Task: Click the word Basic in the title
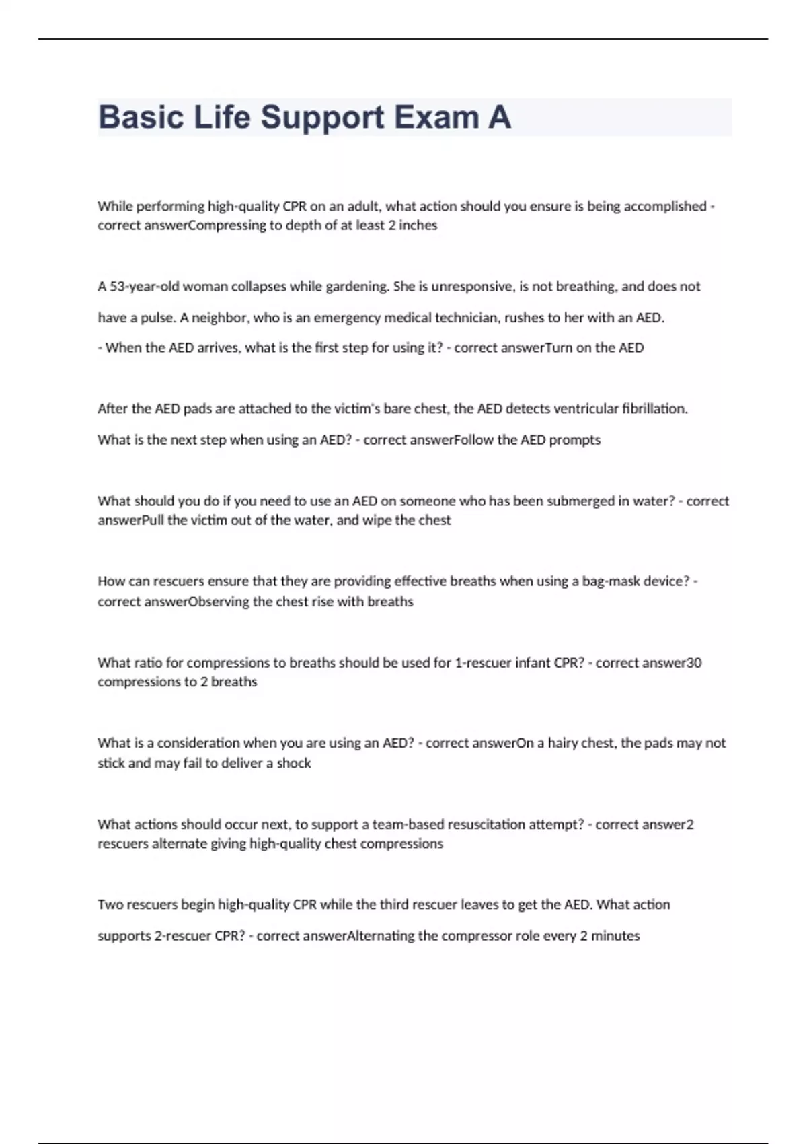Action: click(141, 117)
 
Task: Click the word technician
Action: click(466, 318)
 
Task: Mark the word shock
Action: click(294, 764)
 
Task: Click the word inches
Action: click(418, 225)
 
